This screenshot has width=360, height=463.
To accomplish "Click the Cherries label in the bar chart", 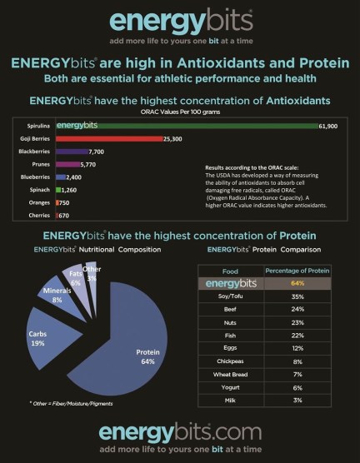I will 38,215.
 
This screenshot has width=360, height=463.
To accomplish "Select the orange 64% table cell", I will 296,283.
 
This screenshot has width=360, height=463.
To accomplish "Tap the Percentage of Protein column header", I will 296,270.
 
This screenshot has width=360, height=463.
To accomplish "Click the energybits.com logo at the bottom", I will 179,431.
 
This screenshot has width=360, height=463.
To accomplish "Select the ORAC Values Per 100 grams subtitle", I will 179,112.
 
